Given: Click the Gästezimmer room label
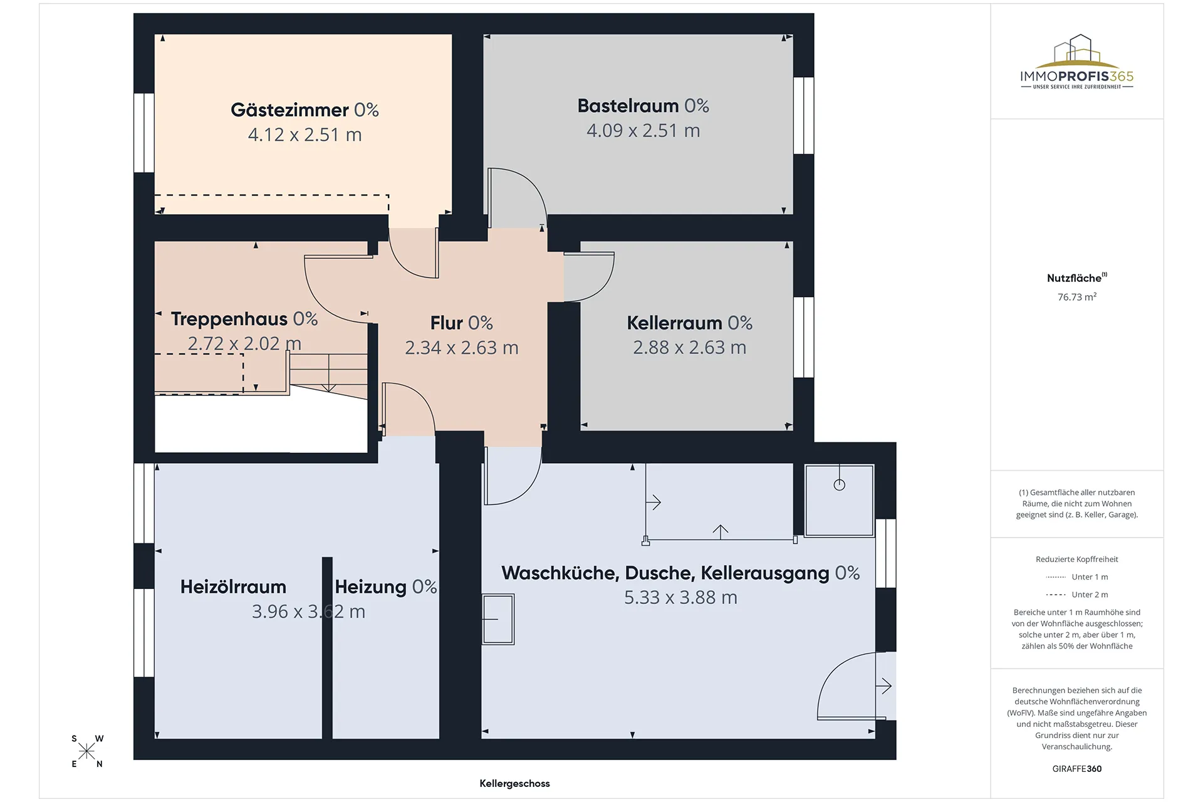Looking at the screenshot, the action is pos(289,110).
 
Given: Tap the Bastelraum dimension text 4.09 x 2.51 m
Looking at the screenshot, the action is pos(643,131).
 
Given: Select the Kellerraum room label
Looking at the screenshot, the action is pos(674,323).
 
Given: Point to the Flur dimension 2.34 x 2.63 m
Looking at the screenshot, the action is pos(462,348).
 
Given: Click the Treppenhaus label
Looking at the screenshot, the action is pos(229,319).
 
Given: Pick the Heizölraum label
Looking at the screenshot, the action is pos(233,587).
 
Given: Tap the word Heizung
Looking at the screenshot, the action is pos(371,587).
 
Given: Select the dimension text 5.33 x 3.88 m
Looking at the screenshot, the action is pos(680,598).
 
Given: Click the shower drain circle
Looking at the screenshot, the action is pos(840,484).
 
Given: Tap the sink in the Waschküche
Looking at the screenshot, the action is pos(498,620).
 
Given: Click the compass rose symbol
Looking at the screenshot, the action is pos(86,751).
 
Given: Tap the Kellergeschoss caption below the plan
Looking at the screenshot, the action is pos(514,783).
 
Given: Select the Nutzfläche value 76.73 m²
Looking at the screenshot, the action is pos(1077,297).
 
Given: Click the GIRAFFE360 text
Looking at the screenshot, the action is pos(1077,769).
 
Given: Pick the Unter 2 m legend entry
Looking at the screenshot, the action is pos(1077,595).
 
